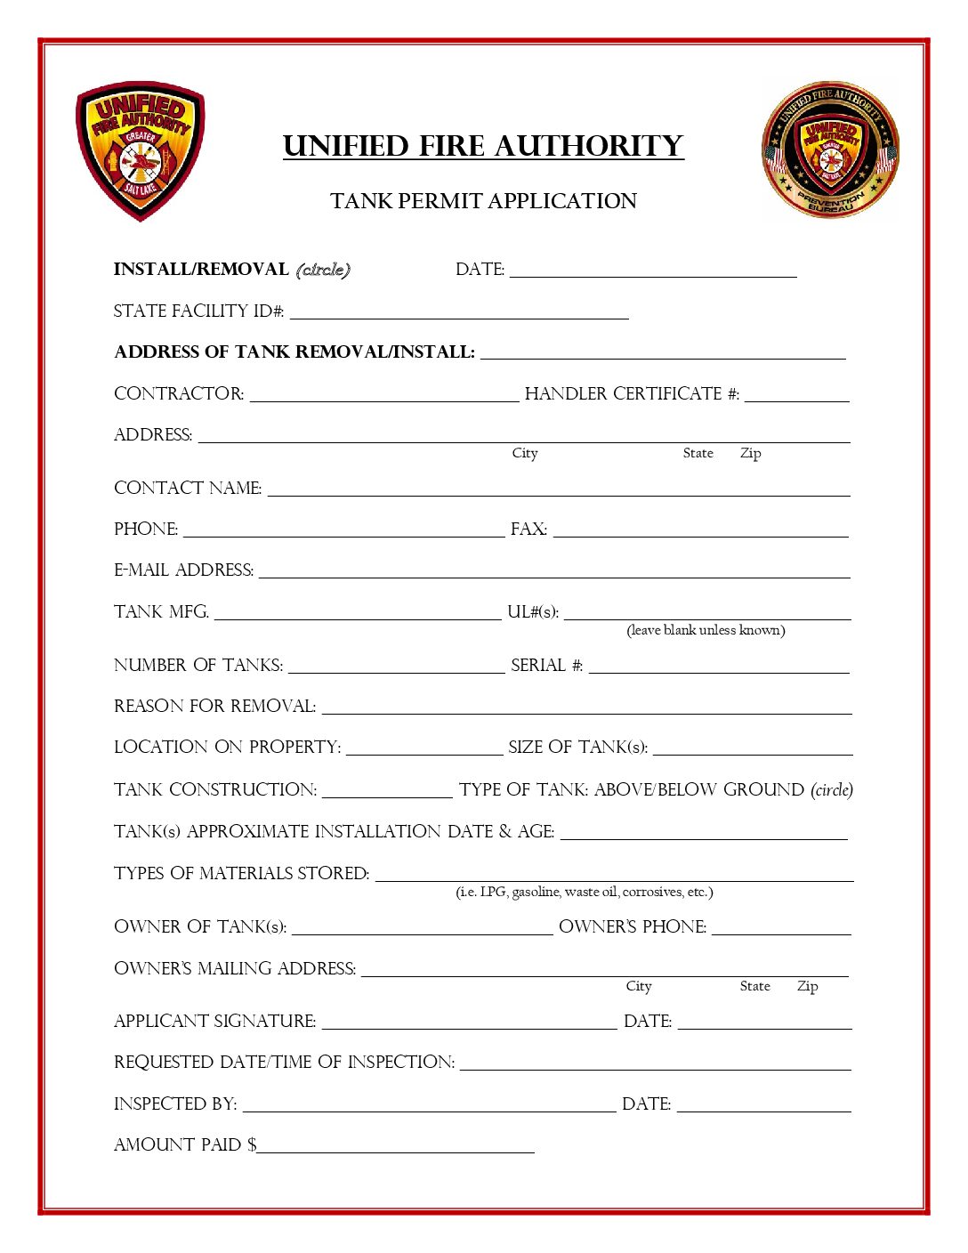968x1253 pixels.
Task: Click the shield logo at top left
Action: pyautogui.click(x=140, y=150)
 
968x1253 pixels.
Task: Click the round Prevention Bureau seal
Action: pyautogui.click(x=830, y=150)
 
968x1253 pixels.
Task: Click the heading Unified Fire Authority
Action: pyautogui.click(x=483, y=146)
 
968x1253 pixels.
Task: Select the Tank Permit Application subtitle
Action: pyautogui.click(x=483, y=201)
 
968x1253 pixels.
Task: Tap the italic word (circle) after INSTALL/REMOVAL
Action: pyautogui.click(x=323, y=269)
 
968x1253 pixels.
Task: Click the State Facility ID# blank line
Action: pyautogui.click(x=459, y=311)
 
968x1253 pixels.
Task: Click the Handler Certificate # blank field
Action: pyautogui.click(x=797, y=395)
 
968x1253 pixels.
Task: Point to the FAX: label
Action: pyautogui.click(x=528, y=529)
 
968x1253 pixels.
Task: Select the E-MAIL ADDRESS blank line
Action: pyautogui.click(x=554, y=571)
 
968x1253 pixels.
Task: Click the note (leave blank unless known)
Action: pyautogui.click(x=706, y=630)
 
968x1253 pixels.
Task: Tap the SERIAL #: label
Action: pyautogui.click(x=546, y=666)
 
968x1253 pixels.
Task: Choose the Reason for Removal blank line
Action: pyautogui.click(x=586, y=707)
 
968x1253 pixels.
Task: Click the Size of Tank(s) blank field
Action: pyautogui.click(x=753, y=748)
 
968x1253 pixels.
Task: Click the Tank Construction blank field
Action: pyautogui.click(x=387, y=791)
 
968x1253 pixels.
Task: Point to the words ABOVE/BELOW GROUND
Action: pyautogui.click(x=699, y=790)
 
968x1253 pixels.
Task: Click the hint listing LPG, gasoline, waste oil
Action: pyautogui.click(x=585, y=892)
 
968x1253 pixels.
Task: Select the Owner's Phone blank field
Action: pyautogui.click(x=781, y=928)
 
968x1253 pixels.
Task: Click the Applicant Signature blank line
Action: pyautogui.click(x=469, y=1023)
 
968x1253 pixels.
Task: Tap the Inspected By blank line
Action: pyautogui.click(x=429, y=1105)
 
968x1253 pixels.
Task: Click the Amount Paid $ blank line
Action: pyautogui.click(x=395, y=1146)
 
